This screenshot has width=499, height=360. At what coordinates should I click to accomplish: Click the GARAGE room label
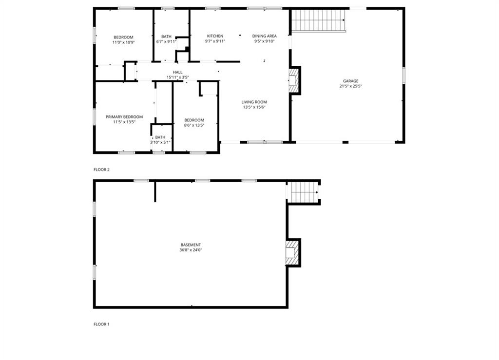pos(350,81)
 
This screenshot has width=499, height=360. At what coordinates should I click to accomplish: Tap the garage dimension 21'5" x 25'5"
pos(350,86)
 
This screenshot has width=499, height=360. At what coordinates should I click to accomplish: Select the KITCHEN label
pos(215,36)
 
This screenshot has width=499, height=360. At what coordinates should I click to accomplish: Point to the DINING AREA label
pos(265,36)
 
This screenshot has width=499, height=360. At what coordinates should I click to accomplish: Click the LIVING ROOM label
pos(254,102)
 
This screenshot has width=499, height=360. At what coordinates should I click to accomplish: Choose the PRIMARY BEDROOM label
pos(124,117)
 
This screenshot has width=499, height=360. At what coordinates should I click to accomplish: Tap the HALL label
pos(177,72)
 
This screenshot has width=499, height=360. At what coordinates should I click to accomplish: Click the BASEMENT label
pos(191,245)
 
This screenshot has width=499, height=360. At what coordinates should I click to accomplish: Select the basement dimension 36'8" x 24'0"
pos(191,250)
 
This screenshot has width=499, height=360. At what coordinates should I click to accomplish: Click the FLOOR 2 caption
pos(101,170)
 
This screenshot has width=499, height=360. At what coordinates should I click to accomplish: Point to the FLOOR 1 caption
pos(101,324)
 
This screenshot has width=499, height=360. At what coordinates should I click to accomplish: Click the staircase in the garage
pos(319,20)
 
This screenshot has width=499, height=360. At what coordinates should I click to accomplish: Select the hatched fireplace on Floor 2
pos(294,80)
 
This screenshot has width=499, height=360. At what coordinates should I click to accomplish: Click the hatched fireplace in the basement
pos(292,252)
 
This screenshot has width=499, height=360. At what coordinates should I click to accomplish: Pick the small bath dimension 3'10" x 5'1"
pos(160,142)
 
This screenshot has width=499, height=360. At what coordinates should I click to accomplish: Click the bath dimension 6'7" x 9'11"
pos(166,42)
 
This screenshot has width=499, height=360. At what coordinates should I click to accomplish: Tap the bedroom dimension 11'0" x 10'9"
pos(123,42)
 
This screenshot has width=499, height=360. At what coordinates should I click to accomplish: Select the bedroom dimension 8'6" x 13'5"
pos(194,125)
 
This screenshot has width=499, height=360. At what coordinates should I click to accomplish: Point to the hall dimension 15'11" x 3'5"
pos(177,77)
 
